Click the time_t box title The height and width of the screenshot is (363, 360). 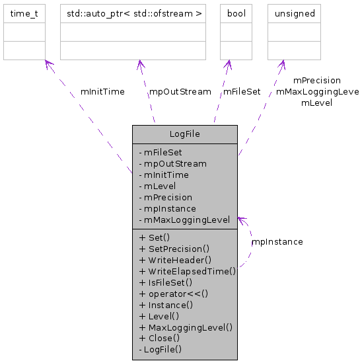tap(24, 13)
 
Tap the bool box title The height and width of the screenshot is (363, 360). tap(236, 13)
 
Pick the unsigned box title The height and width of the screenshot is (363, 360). tap(294, 13)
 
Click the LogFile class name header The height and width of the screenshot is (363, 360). tap(184, 134)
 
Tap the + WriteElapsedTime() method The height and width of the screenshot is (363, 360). tap(187, 271)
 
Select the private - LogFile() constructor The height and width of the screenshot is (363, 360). tap(161, 350)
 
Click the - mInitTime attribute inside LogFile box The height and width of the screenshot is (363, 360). tap(164, 175)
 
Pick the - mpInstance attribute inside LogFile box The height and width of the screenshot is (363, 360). tap(167, 209)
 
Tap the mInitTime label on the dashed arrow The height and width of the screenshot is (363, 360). tap(102, 92)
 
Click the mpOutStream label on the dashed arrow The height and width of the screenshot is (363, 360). tap(180, 92)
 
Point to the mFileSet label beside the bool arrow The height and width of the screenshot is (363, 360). tap(242, 92)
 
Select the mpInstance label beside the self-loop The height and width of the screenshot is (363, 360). tap(277, 242)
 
